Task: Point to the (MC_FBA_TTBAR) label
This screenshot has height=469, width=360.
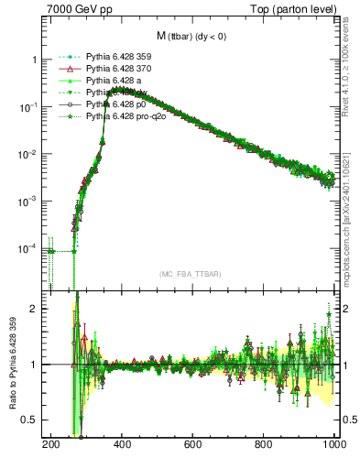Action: click(191, 274)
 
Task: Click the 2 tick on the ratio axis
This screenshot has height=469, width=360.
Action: click(35, 309)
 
